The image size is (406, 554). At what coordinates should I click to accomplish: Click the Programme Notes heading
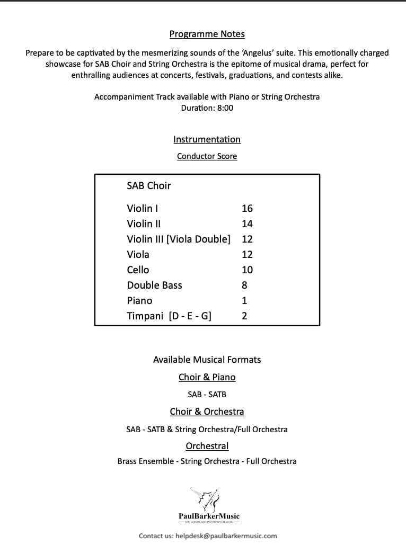tap(207, 34)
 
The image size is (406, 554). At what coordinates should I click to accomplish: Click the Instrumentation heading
tap(207, 139)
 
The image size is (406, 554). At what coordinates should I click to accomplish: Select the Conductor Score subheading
tap(207, 156)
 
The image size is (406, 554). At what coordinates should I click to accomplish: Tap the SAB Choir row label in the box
tap(149, 186)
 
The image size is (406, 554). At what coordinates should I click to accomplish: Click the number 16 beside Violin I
tap(247, 209)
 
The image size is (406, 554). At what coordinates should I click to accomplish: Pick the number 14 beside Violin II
tap(247, 224)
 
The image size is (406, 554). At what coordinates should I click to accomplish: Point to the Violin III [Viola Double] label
tap(179, 239)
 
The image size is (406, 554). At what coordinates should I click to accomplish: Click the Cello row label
tap(138, 270)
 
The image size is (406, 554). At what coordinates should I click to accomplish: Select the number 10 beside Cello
tap(247, 270)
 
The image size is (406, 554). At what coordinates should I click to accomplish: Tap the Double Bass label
tap(154, 285)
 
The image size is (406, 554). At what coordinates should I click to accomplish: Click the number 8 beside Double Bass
tap(244, 285)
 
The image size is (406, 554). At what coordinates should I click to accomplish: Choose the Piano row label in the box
tap(139, 301)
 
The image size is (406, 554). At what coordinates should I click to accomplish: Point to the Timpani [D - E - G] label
tap(169, 316)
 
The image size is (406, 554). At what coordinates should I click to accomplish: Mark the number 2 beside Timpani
tap(244, 316)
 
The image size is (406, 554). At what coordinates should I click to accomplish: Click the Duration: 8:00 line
tap(207, 108)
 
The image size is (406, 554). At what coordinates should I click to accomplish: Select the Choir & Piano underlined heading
tap(207, 377)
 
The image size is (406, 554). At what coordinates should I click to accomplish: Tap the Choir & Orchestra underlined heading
tap(207, 412)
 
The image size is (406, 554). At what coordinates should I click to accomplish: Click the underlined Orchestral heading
tap(207, 446)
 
